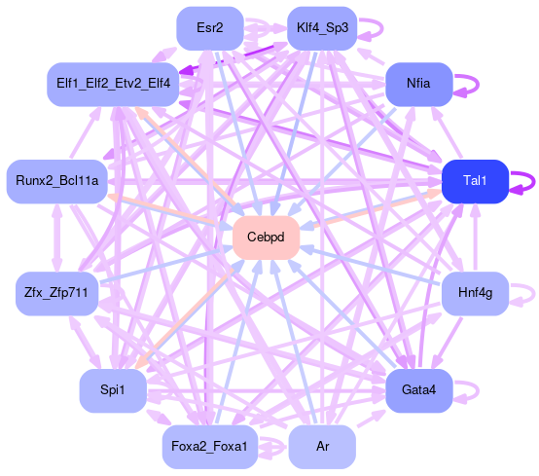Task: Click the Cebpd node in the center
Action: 266,238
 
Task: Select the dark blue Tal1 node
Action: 475,181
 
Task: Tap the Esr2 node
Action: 210,28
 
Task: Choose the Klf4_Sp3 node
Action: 322,28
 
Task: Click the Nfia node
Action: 418,85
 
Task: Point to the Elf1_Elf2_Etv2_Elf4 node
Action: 113,85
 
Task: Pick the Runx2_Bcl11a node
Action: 57,181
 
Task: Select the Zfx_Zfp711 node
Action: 57,293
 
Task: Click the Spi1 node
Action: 113,390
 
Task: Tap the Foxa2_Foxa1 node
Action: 210,447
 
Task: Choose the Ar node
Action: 322,447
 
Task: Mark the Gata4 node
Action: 418,390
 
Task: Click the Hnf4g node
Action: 475,293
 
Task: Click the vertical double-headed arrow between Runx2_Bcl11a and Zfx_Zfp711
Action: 57,238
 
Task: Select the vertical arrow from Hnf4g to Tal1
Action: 475,238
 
